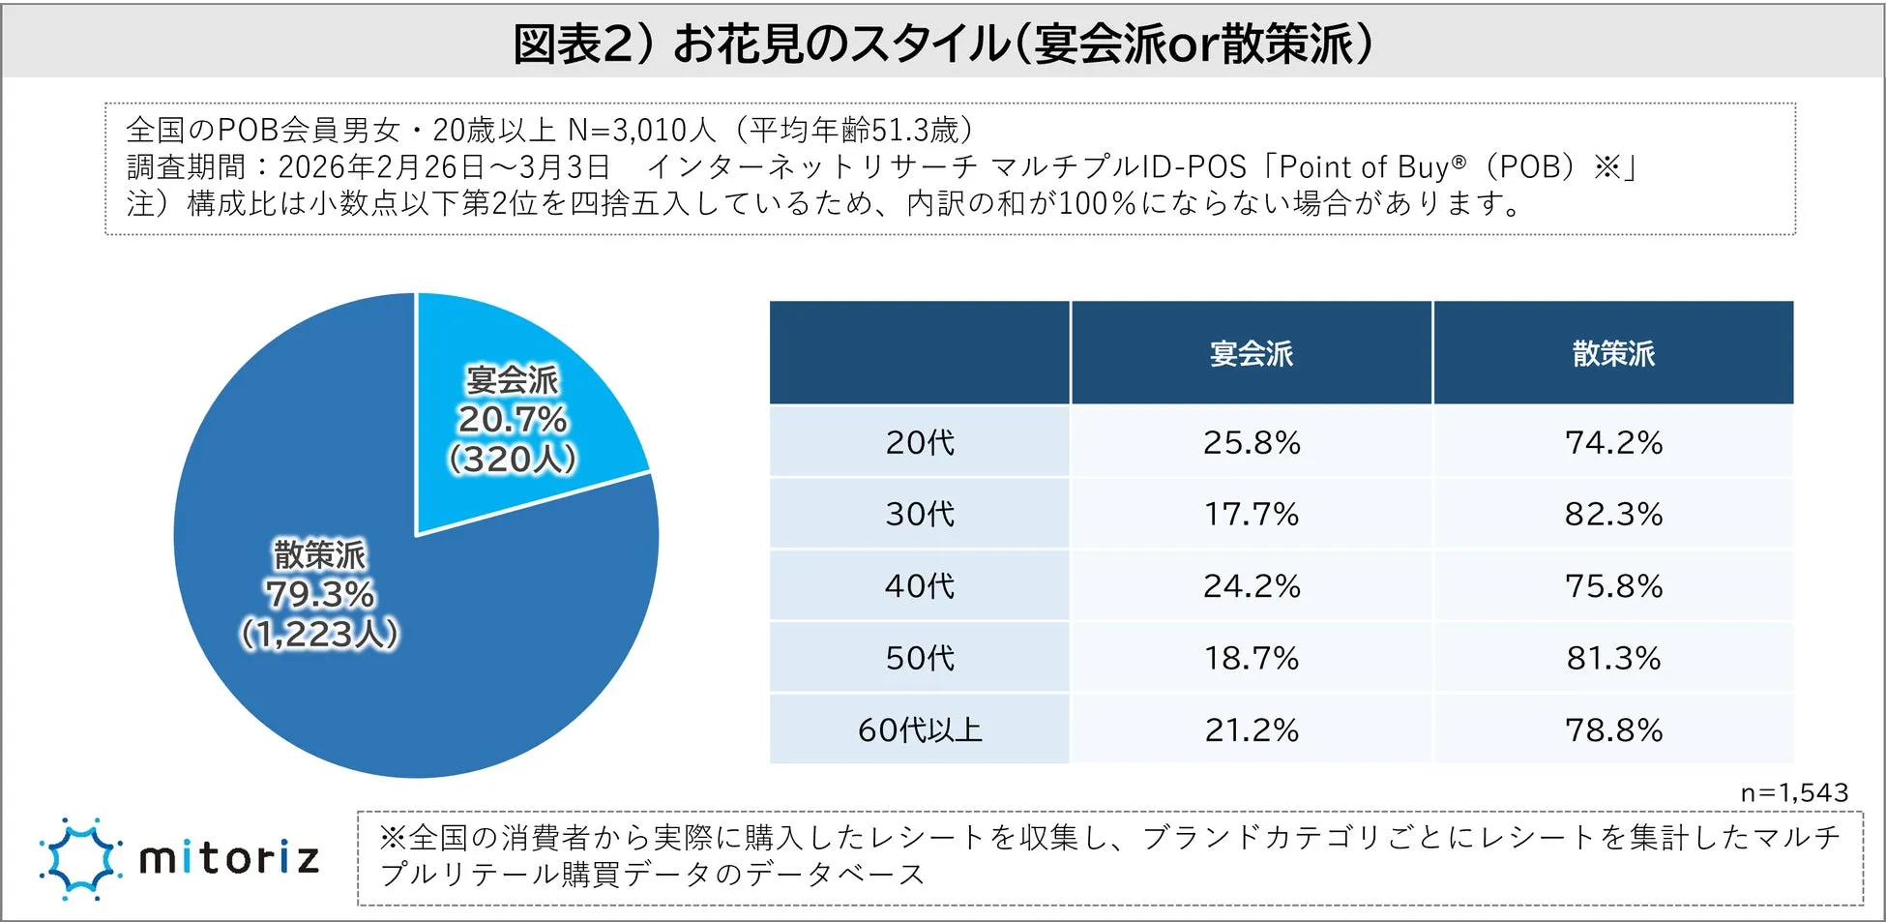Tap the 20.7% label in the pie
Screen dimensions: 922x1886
coord(512,420)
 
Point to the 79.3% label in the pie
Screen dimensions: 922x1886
coord(319,594)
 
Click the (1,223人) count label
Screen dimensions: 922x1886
coord(319,635)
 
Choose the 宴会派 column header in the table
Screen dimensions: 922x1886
coord(1251,354)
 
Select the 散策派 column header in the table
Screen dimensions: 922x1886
coord(1613,354)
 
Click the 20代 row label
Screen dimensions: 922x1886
coord(920,443)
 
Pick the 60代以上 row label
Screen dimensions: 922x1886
coord(920,729)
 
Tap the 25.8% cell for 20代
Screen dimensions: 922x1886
coord(1251,443)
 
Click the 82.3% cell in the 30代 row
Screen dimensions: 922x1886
coord(1613,514)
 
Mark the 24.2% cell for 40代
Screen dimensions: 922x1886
coord(1251,586)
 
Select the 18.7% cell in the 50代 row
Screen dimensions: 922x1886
coord(1251,658)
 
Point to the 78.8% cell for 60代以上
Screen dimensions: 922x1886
coord(1613,729)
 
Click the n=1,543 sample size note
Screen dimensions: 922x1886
coord(1793,793)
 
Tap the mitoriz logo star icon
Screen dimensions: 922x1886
coord(81,858)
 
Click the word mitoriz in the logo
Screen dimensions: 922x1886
coord(229,858)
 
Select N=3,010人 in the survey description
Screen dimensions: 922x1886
coord(641,130)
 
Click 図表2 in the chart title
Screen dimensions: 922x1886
coord(571,44)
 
